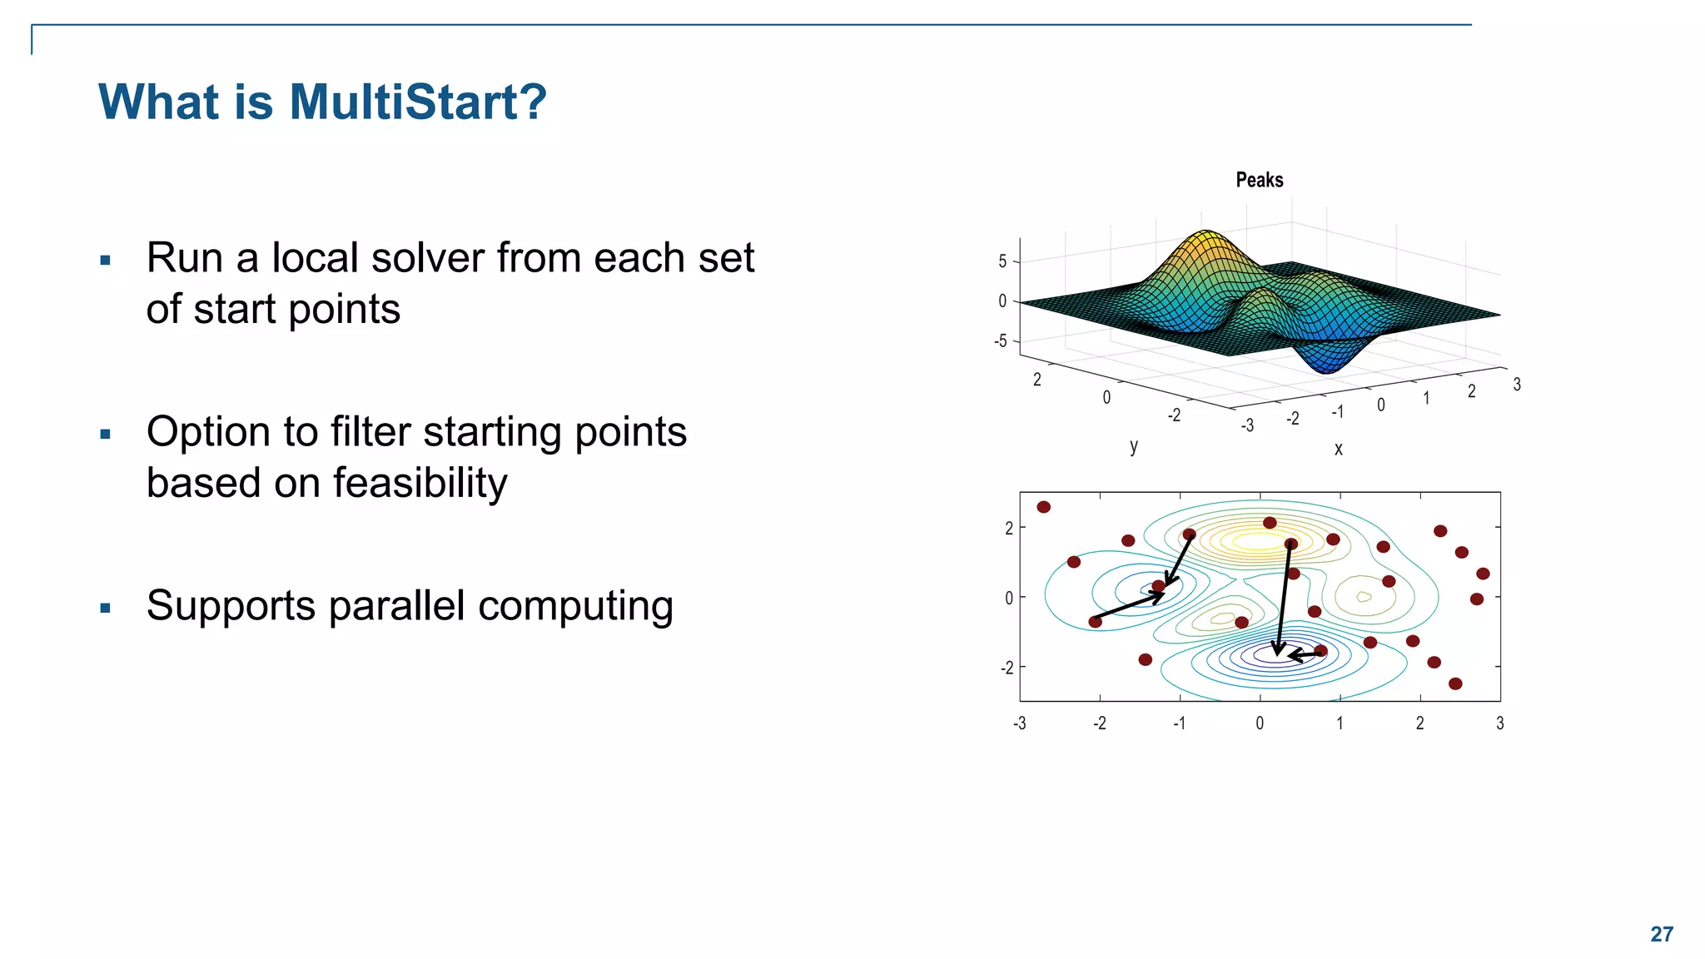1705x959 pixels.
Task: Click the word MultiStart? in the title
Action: click(x=417, y=102)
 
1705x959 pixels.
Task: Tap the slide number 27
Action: click(x=1661, y=934)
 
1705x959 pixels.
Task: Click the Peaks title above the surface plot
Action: click(x=1259, y=180)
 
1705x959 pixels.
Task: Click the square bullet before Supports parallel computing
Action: click(x=105, y=608)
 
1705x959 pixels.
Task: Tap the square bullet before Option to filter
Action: click(x=105, y=434)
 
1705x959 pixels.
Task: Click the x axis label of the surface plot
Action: click(x=1338, y=449)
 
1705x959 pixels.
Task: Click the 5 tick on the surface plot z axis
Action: click(x=1002, y=261)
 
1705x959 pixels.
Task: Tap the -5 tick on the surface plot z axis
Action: click(x=1001, y=341)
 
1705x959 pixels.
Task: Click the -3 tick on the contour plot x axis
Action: click(x=1019, y=723)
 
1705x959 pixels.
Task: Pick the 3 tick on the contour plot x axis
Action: click(x=1499, y=723)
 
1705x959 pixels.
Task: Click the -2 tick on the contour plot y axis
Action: click(x=1007, y=668)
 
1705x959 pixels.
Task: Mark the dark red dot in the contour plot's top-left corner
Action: click(x=1043, y=507)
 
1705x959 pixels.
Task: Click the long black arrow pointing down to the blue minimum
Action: click(x=1283, y=599)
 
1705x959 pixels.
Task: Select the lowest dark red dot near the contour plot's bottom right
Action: click(x=1455, y=683)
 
